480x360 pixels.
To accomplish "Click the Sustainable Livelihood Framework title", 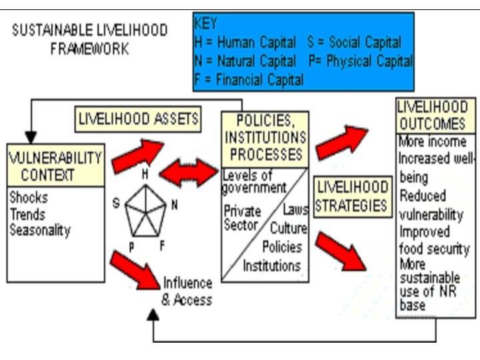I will point(90,40).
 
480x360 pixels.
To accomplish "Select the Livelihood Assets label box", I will point(139,119).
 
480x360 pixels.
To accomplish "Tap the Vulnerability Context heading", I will point(56,167).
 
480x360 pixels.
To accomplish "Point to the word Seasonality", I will point(40,230).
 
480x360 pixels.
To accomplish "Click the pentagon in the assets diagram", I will point(146,211).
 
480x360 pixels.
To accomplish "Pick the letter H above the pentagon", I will point(144,174).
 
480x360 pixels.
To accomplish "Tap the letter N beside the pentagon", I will point(175,205).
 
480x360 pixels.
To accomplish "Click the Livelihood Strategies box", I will point(352,197).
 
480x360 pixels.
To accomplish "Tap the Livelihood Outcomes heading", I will point(432,115).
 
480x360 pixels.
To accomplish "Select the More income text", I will point(432,141).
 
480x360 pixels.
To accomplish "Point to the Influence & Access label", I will point(187,291).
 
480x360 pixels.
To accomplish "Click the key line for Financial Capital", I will point(249,80).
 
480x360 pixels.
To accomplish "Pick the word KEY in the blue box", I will point(206,24).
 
